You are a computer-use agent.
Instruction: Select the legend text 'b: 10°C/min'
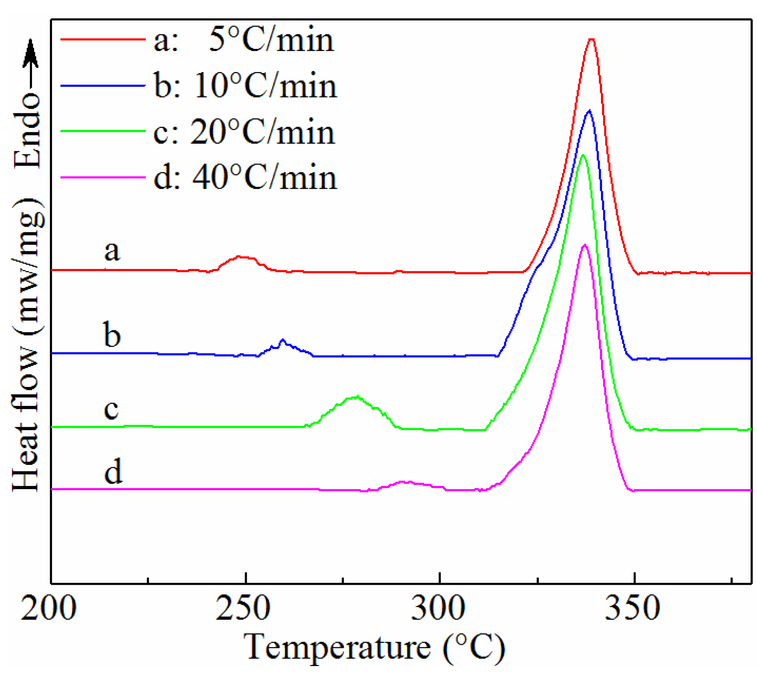(245, 86)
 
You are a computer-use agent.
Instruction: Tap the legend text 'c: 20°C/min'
(244, 132)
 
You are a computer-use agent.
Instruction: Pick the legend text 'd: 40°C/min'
(245, 178)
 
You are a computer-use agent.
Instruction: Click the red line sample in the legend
(103, 39)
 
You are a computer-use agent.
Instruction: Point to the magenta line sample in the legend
(103, 177)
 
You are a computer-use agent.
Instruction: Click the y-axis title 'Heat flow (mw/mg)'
(27, 345)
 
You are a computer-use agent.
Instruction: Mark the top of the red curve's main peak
(592, 39)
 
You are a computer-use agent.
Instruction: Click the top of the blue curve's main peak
(589, 111)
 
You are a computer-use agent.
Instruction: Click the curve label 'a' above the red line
(112, 251)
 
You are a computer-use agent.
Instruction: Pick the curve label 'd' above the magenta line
(113, 471)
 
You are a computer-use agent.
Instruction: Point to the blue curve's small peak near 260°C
(283, 340)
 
